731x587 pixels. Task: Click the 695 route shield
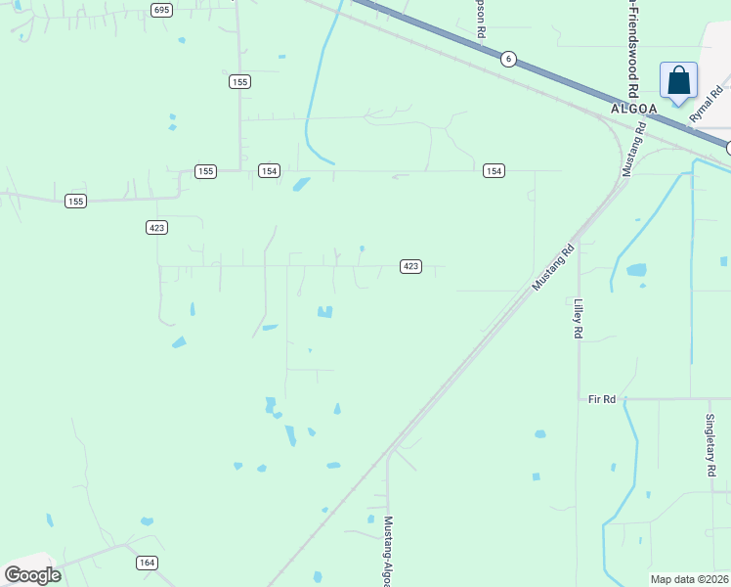162,9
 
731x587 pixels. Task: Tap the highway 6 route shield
508,59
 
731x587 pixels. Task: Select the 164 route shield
147,563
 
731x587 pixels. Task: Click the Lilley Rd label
579,319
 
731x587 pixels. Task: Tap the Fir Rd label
602,399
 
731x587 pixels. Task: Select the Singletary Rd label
710,444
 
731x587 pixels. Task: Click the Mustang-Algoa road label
388,553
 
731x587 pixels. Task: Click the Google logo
32,574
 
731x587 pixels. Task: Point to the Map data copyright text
689,579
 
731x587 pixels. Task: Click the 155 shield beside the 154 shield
204,171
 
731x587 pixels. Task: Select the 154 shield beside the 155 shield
269,171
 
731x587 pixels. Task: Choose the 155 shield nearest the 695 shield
239,81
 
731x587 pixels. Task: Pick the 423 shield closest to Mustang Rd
410,266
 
